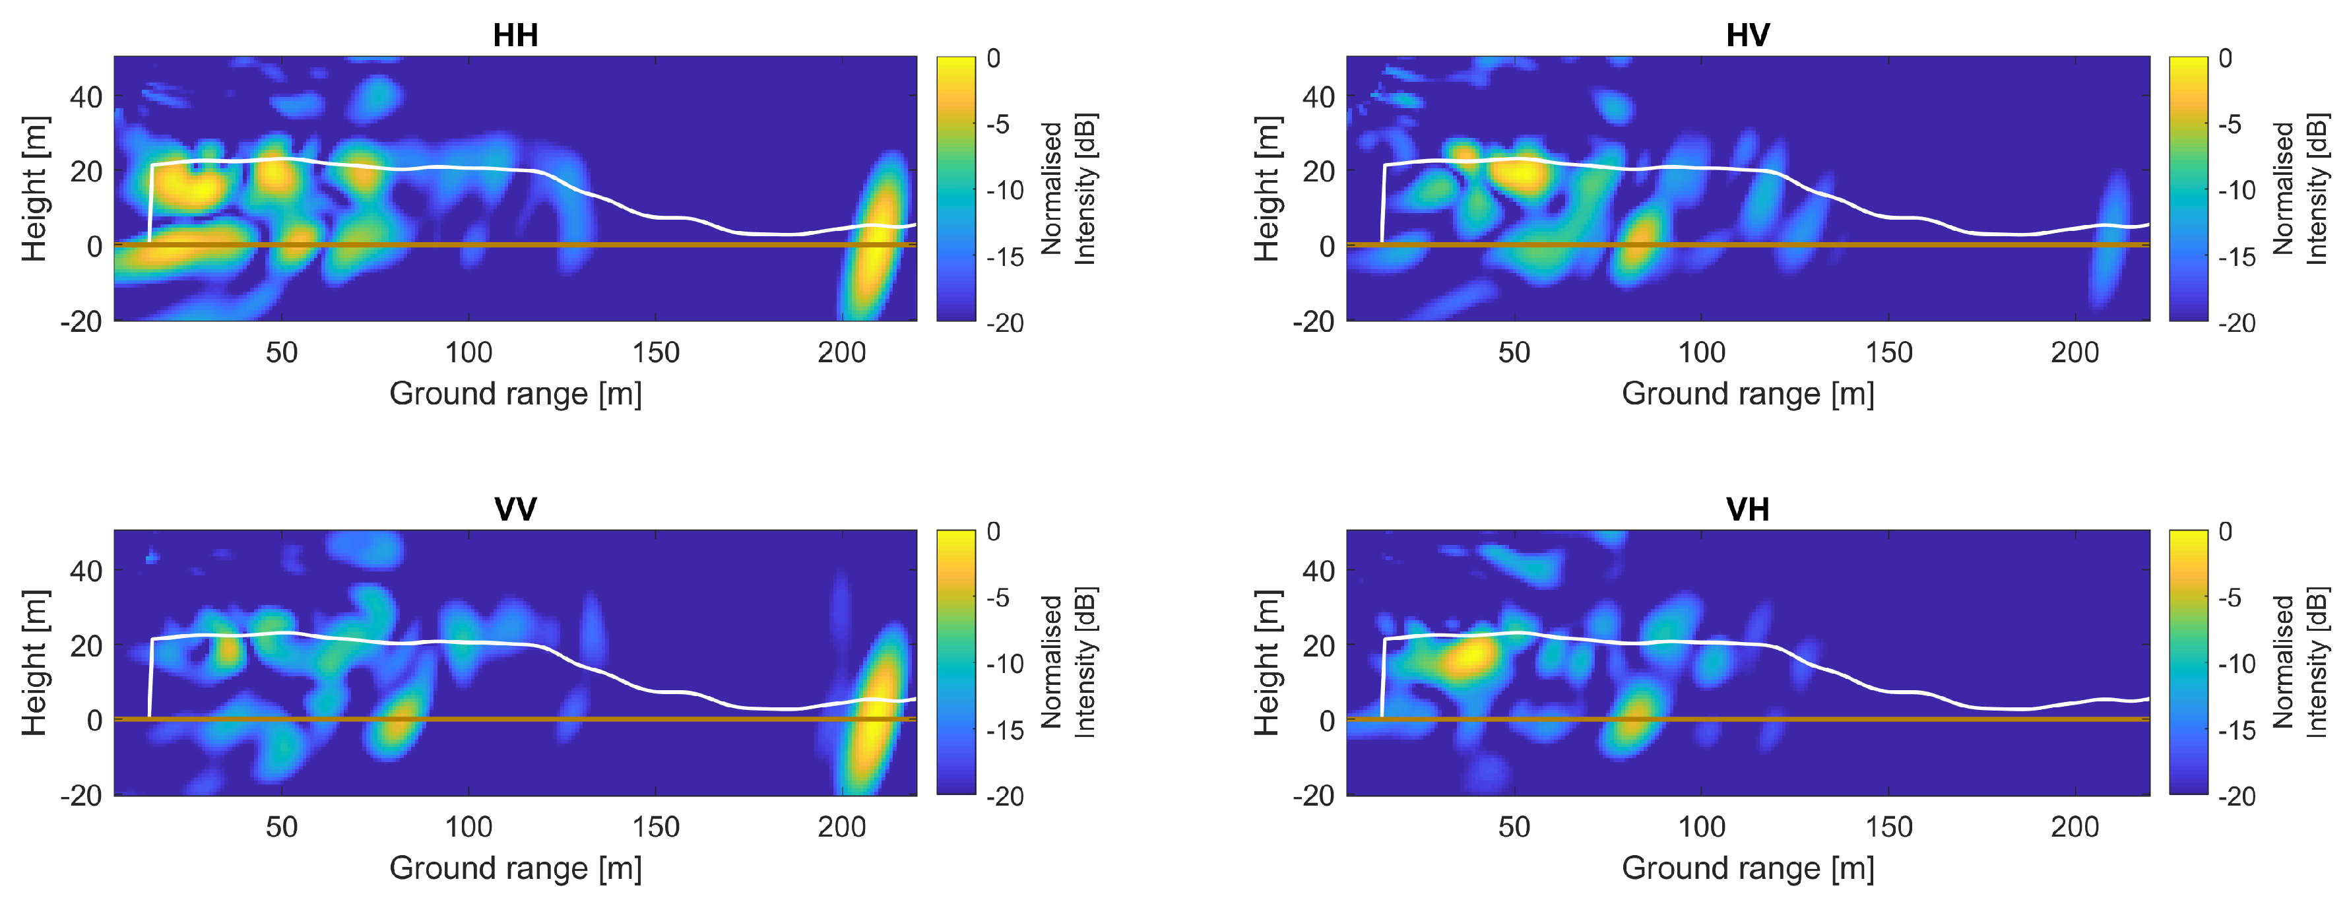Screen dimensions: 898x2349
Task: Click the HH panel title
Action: (515, 36)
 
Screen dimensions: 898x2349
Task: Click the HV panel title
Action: (1747, 36)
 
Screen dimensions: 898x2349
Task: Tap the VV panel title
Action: (515, 509)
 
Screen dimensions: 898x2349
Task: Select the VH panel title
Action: (1747, 509)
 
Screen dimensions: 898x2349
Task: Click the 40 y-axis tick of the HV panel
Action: (1318, 96)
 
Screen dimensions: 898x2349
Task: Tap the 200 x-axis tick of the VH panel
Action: (2075, 826)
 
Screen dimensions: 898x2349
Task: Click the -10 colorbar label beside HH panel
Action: (1005, 191)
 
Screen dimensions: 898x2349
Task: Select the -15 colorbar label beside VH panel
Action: (2237, 729)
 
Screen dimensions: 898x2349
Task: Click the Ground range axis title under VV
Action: (515, 867)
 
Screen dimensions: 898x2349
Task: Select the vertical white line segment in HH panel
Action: (150, 205)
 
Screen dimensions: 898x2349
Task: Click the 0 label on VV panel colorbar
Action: (994, 532)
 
